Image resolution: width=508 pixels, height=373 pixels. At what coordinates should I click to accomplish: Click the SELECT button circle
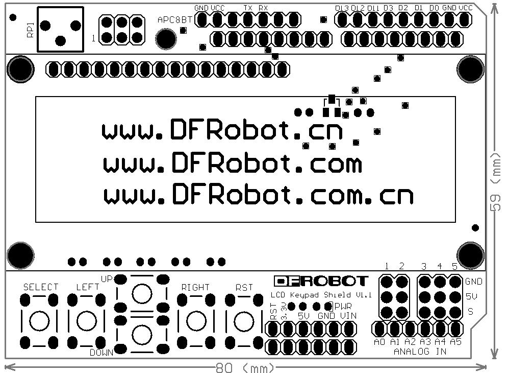click(39, 321)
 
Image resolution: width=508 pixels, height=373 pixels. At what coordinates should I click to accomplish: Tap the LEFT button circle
click(86, 321)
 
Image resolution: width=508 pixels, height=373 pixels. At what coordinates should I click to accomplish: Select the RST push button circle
click(243, 321)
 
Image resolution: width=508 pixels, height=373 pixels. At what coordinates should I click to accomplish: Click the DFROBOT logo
click(321, 281)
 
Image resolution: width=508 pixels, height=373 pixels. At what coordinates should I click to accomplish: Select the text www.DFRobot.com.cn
click(258, 196)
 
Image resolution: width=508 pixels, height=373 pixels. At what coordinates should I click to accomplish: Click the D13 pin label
click(341, 8)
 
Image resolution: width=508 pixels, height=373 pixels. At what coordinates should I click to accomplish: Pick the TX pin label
click(248, 8)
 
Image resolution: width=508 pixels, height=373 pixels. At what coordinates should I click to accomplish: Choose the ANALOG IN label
click(420, 352)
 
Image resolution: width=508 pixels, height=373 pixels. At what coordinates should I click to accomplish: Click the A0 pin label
click(379, 342)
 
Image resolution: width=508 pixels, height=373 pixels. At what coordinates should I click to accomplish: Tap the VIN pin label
click(348, 316)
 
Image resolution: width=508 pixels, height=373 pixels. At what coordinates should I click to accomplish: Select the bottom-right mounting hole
click(470, 254)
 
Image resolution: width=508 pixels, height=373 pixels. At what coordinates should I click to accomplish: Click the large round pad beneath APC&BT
click(166, 38)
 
